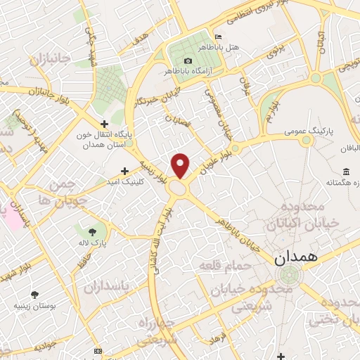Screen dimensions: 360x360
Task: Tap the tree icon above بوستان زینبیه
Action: (x=34, y=295)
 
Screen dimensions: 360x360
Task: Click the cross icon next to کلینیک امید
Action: (x=124, y=171)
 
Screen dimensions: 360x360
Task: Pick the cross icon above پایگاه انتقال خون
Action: (x=104, y=124)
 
